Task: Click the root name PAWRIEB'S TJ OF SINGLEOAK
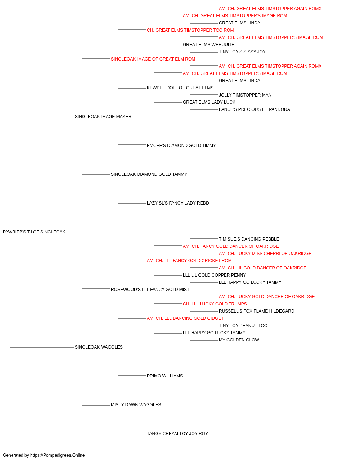coord(34,232)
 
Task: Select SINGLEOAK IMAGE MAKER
coord(103,116)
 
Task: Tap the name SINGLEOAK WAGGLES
coord(99,347)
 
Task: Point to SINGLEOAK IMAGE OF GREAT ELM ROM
coord(153,59)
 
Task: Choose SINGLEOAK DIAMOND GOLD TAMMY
coord(149,174)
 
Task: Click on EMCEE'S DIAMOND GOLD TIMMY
coord(181,145)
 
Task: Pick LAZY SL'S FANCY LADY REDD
coord(178,203)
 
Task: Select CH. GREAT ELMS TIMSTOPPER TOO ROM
coord(190,30)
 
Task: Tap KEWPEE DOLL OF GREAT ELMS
coord(180,88)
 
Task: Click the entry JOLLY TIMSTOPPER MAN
coord(245,95)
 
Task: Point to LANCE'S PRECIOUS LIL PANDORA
coord(254,109)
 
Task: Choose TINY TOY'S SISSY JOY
coord(242,52)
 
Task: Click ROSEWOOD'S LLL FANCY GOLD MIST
coord(150,290)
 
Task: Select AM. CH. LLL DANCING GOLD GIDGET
coord(185,318)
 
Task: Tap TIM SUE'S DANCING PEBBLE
coord(249,239)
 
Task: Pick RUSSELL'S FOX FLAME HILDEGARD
coord(256,311)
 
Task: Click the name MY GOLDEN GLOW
coord(239,340)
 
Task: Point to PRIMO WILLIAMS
coord(165,376)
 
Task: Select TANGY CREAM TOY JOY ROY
coord(177,434)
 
